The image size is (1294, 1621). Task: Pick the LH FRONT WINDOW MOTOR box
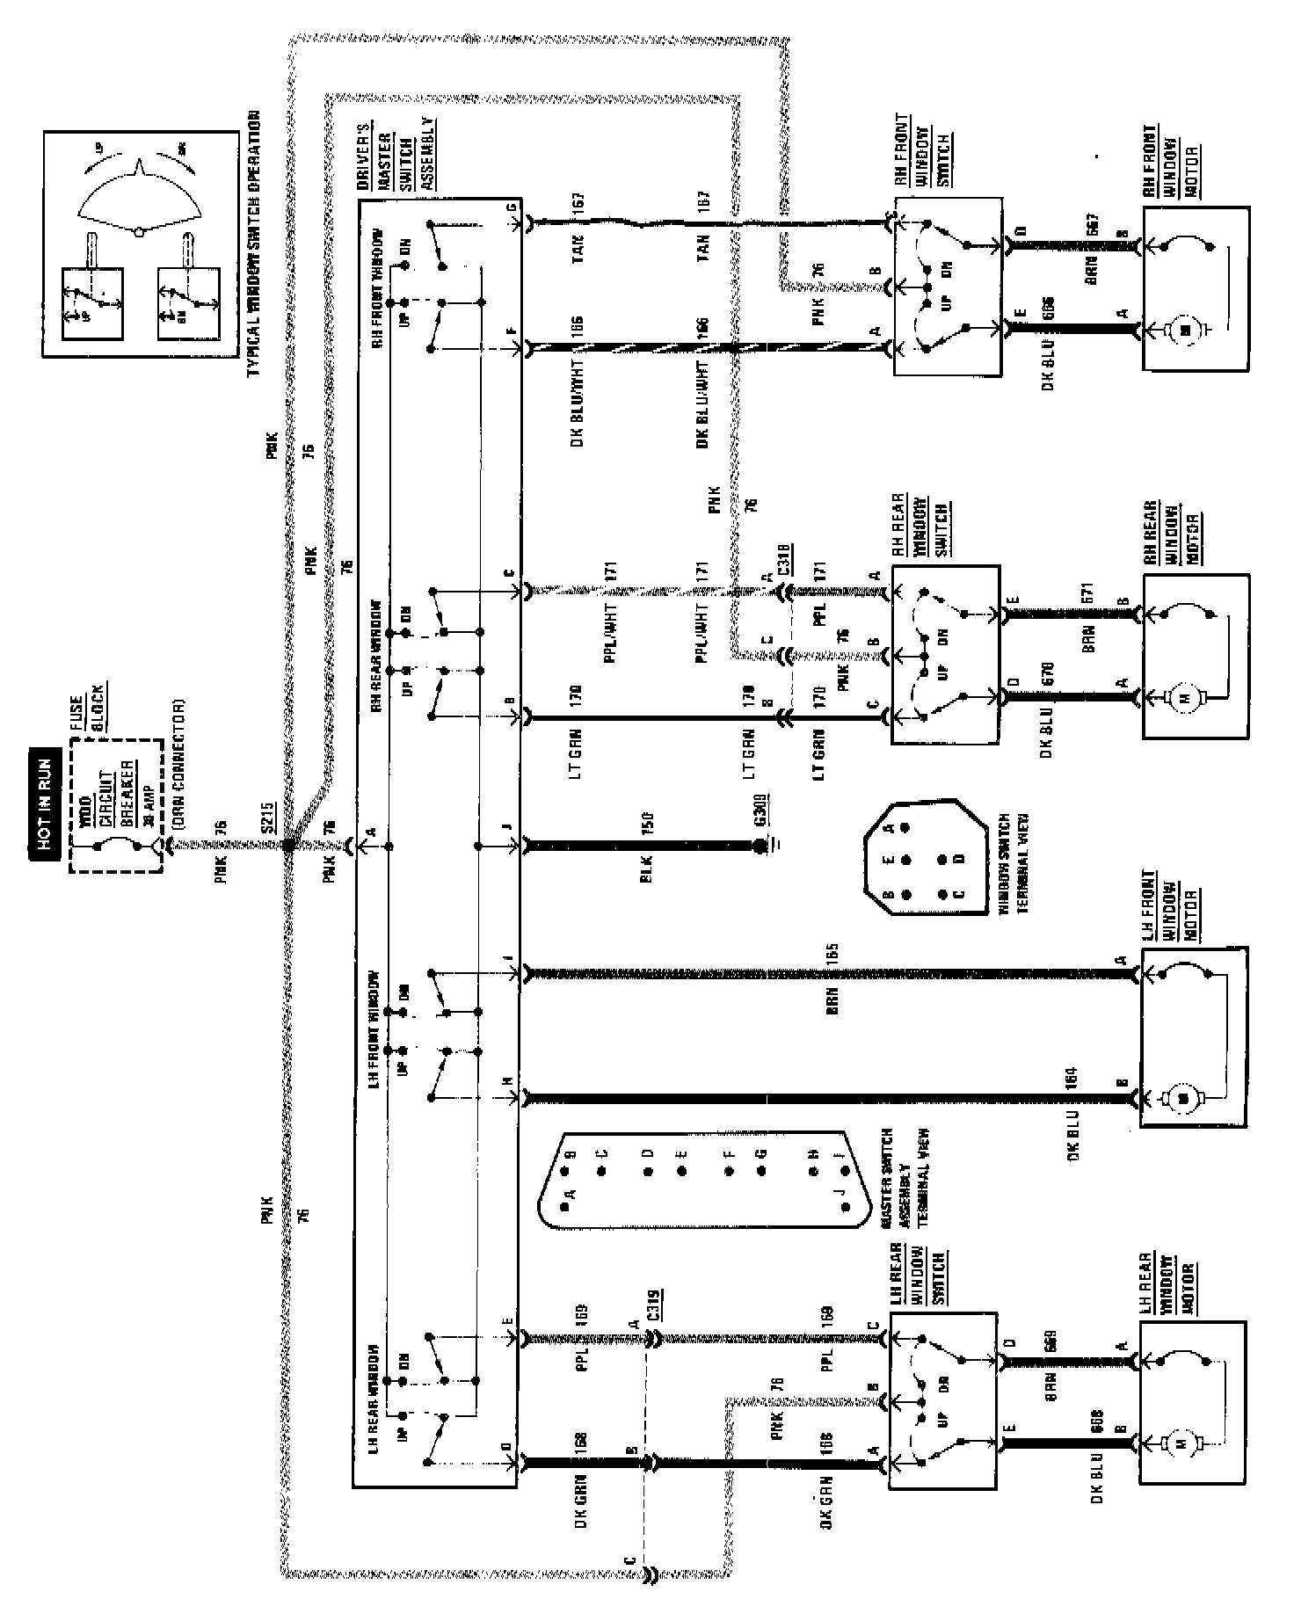point(1193,1037)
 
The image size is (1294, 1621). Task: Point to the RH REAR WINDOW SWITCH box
point(946,655)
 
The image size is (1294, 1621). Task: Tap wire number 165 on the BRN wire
point(832,954)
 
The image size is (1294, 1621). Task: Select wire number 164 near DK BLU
point(1070,1079)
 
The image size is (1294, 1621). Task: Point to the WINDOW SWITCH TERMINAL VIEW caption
point(1014,864)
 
